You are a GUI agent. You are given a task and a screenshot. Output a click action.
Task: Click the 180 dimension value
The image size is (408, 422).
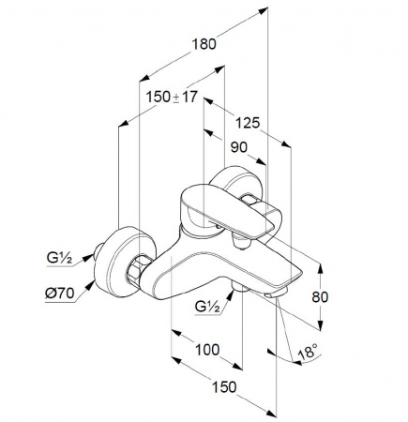[204, 44]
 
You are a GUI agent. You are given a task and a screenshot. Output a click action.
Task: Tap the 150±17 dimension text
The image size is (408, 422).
[172, 97]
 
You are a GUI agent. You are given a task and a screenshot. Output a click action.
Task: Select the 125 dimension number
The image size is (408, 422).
[248, 123]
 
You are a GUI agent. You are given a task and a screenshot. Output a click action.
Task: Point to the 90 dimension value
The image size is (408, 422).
[239, 147]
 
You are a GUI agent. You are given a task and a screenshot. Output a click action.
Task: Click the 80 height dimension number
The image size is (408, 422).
[320, 297]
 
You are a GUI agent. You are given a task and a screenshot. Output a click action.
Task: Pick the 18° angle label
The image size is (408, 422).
[308, 352]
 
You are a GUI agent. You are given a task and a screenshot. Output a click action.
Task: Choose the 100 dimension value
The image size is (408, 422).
[207, 350]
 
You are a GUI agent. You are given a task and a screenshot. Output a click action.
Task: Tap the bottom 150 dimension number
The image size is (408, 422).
[224, 387]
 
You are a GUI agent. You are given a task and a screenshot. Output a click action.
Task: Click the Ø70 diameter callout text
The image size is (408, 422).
[60, 294]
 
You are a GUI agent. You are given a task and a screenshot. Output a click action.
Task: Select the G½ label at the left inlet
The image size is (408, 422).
[59, 258]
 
